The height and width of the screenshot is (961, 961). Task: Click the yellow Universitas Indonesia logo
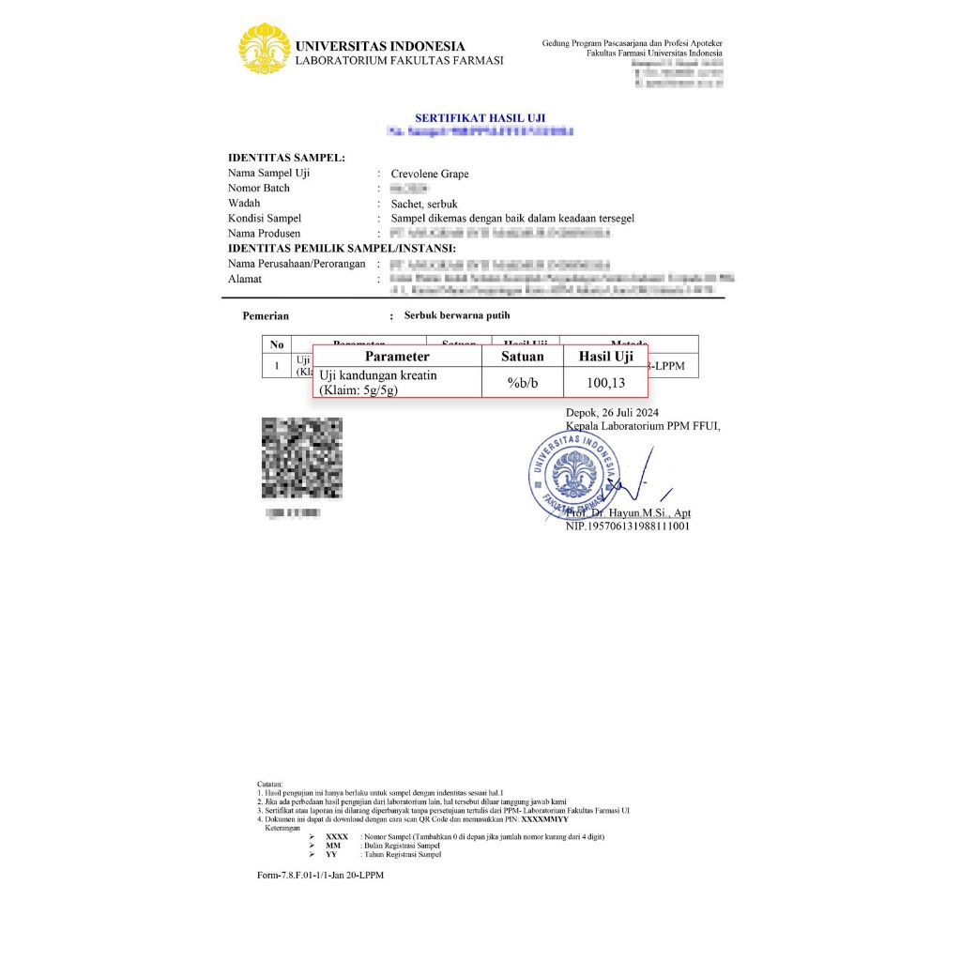click(x=264, y=49)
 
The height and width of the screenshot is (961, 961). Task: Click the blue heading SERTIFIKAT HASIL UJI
click(x=480, y=118)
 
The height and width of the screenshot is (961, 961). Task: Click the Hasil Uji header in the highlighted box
click(x=605, y=357)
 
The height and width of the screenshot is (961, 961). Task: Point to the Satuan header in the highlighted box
click(x=522, y=357)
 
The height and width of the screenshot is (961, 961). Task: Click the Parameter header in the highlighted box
click(x=397, y=357)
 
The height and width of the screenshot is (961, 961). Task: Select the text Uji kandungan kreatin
click(x=378, y=375)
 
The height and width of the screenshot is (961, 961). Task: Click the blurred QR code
click(x=301, y=458)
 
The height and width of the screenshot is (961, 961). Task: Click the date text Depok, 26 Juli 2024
click(x=613, y=413)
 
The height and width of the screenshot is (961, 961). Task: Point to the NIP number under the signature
click(x=627, y=526)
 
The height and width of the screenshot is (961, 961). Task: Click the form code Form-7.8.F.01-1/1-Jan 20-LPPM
click(x=320, y=875)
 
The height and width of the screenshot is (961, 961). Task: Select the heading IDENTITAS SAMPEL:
click(x=286, y=158)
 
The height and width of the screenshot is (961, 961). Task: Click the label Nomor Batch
click(x=259, y=189)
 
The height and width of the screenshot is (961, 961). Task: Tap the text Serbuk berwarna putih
click(x=457, y=316)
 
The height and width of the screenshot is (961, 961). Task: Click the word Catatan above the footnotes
click(x=269, y=783)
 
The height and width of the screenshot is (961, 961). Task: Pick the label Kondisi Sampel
click(x=265, y=218)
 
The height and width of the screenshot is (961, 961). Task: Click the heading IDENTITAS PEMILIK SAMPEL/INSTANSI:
click(x=342, y=248)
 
